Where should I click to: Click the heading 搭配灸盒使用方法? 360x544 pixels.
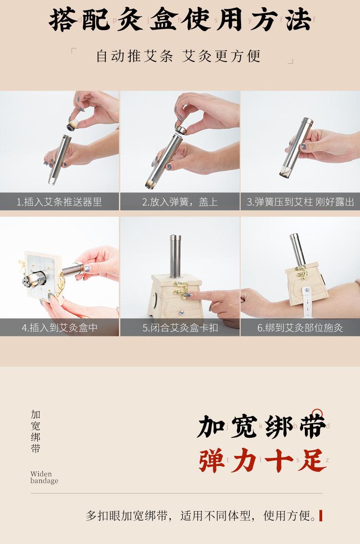(180, 20)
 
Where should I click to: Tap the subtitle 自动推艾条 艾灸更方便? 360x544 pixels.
(178, 56)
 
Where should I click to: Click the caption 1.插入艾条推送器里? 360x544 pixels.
(59, 202)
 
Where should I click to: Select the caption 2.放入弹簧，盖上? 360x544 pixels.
(180, 202)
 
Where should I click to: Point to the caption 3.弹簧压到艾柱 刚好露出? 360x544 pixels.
(300, 202)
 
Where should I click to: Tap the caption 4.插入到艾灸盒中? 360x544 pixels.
(59, 327)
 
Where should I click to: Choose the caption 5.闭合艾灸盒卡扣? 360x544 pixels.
(180, 327)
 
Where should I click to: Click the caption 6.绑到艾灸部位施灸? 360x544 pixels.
(300, 327)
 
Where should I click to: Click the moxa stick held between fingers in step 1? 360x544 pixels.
(72, 125)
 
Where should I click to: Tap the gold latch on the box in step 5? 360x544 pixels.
(181, 288)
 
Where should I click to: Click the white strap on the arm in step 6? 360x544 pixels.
(307, 302)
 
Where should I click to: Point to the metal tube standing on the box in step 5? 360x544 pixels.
(175, 256)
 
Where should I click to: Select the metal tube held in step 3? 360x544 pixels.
(296, 147)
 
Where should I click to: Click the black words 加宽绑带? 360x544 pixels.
(262, 425)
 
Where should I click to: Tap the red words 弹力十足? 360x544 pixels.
(262, 460)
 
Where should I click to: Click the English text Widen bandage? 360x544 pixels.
(44, 477)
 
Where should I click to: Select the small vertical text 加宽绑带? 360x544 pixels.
(36, 431)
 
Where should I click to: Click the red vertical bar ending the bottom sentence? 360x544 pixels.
(320, 516)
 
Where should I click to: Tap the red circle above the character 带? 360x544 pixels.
(317, 414)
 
